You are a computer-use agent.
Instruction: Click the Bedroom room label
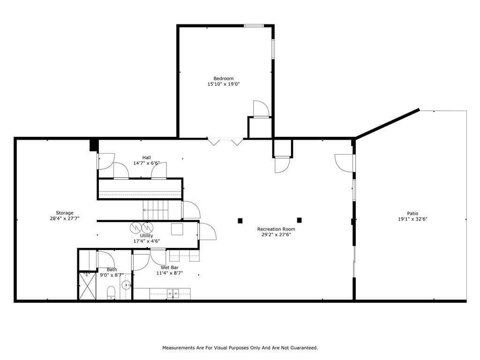(x=224, y=78)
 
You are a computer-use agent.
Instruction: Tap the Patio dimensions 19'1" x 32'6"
(x=412, y=219)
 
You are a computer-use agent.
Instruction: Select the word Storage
(x=65, y=213)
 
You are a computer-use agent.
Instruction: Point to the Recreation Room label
(x=276, y=229)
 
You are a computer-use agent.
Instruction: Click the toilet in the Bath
(x=111, y=292)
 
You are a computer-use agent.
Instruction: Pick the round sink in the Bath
(x=126, y=285)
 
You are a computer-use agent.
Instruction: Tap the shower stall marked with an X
(x=88, y=286)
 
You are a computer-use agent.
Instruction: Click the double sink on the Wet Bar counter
(x=173, y=293)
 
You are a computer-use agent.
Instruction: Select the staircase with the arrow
(x=156, y=210)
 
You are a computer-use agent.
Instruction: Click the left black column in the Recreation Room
(x=240, y=220)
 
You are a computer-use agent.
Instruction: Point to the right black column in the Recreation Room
(x=300, y=220)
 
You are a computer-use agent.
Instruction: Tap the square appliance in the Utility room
(x=177, y=229)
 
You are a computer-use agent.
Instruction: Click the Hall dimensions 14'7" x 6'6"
(x=146, y=163)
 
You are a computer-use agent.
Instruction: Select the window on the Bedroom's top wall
(x=254, y=26)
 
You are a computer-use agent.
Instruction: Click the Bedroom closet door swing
(x=261, y=109)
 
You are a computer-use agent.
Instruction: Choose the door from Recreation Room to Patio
(x=345, y=163)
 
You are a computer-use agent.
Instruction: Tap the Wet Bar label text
(x=170, y=268)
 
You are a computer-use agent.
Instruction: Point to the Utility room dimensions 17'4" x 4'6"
(x=147, y=241)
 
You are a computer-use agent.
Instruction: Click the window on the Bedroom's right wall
(x=273, y=49)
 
